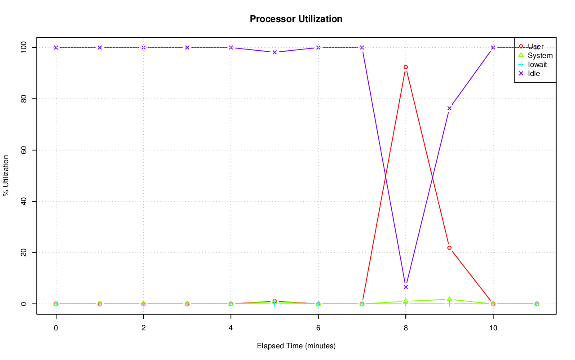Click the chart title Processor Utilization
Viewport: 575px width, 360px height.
point(296,19)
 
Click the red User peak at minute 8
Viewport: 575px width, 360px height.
point(406,67)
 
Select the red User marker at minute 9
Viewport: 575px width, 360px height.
point(449,248)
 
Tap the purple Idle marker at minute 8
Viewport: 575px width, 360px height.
point(406,287)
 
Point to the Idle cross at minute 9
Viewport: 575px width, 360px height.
point(449,108)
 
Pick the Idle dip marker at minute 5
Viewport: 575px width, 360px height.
point(274,52)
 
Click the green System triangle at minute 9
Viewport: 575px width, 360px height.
point(449,299)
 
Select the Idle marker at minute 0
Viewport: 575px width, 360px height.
point(56,48)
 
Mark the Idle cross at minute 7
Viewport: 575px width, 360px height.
point(362,48)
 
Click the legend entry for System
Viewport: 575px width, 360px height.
point(540,56)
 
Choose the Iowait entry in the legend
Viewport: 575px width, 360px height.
point(537,64)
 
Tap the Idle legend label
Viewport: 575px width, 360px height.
point(534,73)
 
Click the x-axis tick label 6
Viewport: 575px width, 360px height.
point(318,329)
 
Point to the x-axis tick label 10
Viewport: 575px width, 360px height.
point(493,329)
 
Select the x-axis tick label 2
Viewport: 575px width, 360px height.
point(143,329)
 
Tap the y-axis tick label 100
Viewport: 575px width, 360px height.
point(23,48)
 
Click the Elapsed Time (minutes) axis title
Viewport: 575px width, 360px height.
point(296,346)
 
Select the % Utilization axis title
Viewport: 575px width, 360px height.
point(6,175)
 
